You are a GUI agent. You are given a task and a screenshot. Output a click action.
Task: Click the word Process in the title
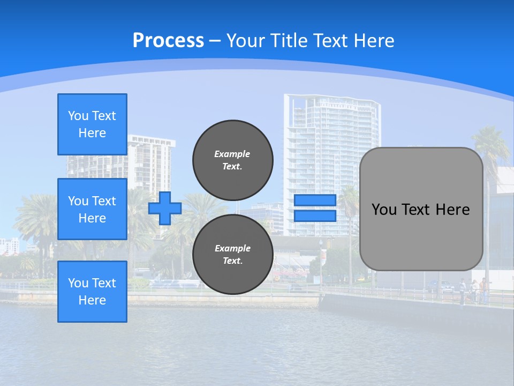click(x=168, y=41)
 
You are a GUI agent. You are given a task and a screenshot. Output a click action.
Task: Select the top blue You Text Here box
click(x=92, y=124)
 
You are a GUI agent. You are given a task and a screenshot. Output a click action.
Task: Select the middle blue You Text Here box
click(x=92, y=209)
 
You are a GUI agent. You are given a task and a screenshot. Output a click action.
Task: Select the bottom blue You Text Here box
click(x=92, y=292)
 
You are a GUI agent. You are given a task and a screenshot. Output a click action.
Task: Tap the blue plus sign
click(x=165, y=208)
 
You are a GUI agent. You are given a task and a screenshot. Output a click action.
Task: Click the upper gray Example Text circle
click(x=232, y=160)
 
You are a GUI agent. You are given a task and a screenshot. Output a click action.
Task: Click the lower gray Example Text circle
click(x=232, y=254)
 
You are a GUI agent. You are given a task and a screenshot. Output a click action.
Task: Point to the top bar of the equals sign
click(x=315, y=201)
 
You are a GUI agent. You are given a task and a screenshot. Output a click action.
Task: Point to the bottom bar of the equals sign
click(x=315, y=216)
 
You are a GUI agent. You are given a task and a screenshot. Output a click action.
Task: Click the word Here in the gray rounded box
click(x=452, y=210)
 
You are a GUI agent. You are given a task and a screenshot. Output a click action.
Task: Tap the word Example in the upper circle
click(x=232, y=154)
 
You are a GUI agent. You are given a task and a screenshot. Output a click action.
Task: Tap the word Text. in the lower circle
click(x=232, y=261)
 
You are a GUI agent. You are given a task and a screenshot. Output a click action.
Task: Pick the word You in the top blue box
click(x=78, y=116)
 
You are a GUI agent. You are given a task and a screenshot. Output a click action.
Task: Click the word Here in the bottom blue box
click(x=92, y=300)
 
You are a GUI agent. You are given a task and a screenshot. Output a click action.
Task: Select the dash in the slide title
click(x=215, y=41)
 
